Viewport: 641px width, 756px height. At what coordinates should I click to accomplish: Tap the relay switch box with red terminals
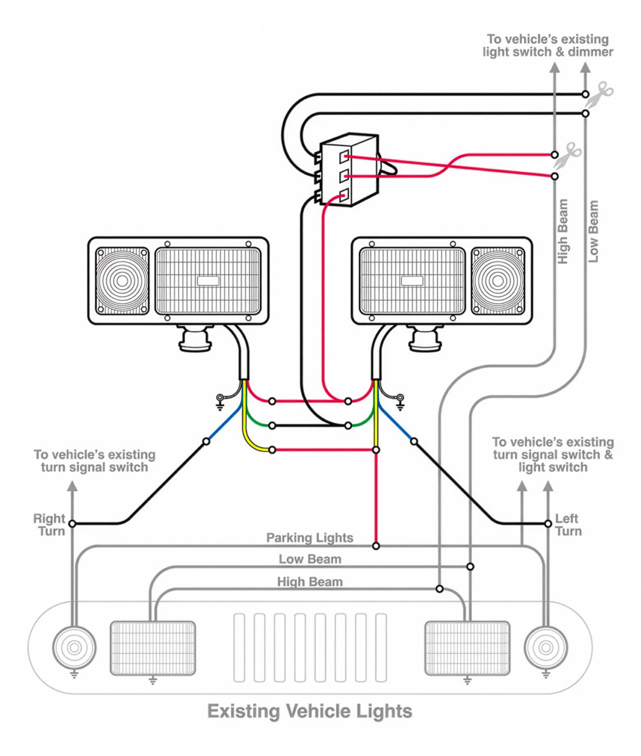pos(349,169)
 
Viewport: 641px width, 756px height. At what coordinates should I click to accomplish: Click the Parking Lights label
pos(309,538)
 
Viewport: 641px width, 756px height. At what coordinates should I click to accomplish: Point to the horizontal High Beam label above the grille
pos(309,582)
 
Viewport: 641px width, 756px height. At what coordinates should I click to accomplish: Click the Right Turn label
pos(49,525)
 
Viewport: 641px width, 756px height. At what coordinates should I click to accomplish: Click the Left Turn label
pos(568,525)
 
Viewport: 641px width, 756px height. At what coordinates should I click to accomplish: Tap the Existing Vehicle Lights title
pos(309,711)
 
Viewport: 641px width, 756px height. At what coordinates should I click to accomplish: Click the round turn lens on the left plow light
pos(122,281)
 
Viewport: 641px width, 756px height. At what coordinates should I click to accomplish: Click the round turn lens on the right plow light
pos(498,281)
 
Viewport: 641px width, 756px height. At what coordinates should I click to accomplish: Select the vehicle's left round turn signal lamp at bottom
pos(74,648)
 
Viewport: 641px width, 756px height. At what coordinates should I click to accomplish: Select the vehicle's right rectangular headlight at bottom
pos(467,648)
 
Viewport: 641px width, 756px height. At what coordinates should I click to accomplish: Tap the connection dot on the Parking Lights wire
pos(376,546)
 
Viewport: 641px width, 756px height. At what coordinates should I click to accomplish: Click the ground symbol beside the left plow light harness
pos(220,402)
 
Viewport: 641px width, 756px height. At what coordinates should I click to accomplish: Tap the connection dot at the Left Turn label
pos(548,523)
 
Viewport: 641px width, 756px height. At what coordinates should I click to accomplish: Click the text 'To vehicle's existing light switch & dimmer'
pos(548,46)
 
